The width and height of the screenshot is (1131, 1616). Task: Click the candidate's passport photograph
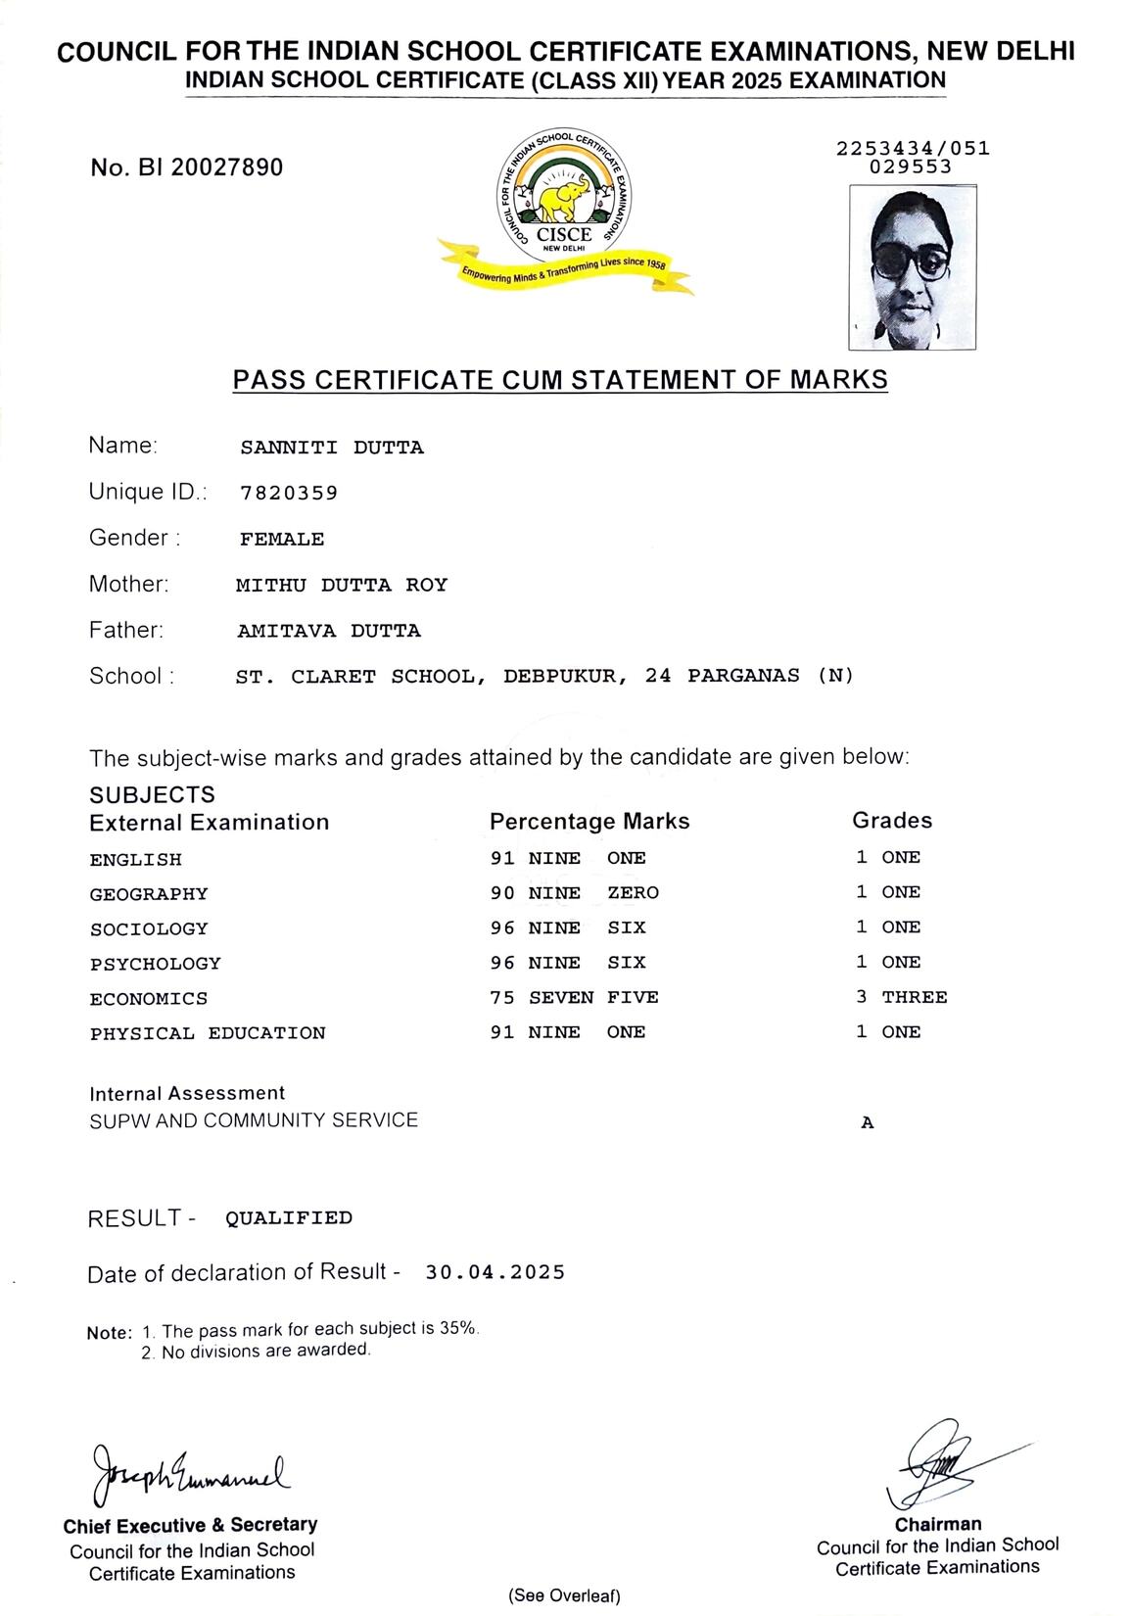pos(912,267)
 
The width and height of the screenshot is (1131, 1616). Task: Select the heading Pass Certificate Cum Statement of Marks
pos(560,379)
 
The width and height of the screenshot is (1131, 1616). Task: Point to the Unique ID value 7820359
pos(289,493)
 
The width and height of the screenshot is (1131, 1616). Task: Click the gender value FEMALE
pos(282,539)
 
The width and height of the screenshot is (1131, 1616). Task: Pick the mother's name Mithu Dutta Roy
pos(342,585)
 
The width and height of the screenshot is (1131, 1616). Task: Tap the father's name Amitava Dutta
pos(329,631)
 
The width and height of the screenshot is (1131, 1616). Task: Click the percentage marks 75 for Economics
pos(502,997)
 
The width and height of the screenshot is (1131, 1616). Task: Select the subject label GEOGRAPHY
pos(149,893)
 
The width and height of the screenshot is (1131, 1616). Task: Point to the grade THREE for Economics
pos(914,997)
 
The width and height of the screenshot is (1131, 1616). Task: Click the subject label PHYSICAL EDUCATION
pos(208,1032)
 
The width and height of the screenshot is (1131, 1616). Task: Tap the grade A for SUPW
pos(867,1123)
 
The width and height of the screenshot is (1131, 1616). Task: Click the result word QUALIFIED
pos(289,1217)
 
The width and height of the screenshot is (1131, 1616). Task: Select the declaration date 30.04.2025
pos(495,1271)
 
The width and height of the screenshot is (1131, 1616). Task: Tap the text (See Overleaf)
pos(564,1595)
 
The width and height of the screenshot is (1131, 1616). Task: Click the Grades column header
pos(891,820)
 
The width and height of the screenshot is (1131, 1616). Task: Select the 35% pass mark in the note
pos(458,1328)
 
